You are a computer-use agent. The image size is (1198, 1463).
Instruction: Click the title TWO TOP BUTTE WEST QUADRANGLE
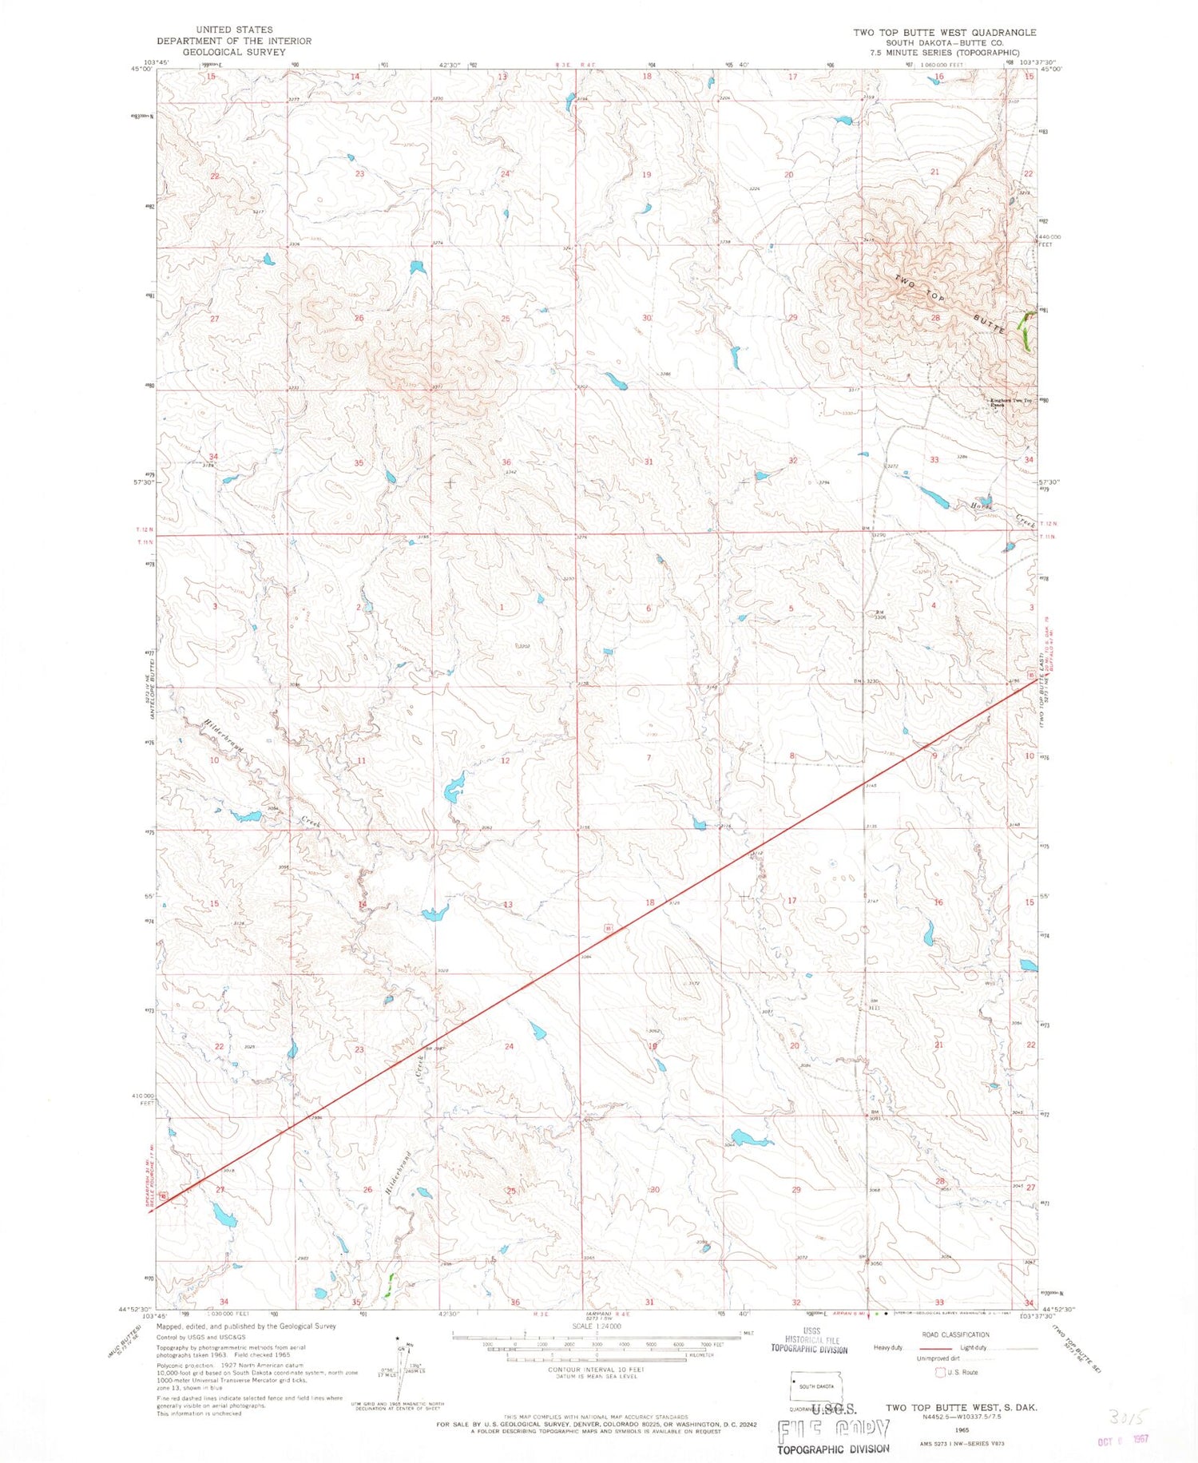click(x=944, y=33)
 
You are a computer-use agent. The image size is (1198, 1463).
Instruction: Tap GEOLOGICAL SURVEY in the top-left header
click(x=234, y=52)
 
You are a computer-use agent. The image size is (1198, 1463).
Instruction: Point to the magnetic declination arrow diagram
click(x=407, y=1358)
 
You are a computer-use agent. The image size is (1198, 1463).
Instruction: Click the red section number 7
click(x=649, y=758)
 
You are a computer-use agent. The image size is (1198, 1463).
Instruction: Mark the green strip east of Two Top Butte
click(x=1025, y=331)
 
